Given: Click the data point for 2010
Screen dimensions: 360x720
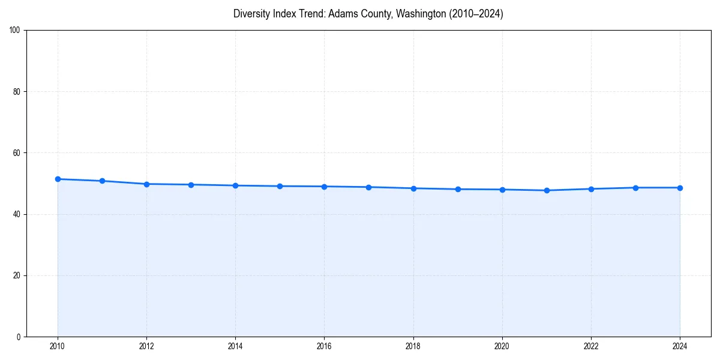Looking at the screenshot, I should tap(58, 179).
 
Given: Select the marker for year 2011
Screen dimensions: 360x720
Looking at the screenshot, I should tap(102, 181).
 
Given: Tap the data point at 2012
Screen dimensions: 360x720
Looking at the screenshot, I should tap(146, 184).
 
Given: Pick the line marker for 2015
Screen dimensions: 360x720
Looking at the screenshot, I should tap(280, 186).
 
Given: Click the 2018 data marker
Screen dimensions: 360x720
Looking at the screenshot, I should tap(413, 188).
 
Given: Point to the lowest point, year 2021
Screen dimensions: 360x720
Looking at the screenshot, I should tap(547, 190).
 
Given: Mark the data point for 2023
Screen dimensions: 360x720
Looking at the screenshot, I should tap(635, 188).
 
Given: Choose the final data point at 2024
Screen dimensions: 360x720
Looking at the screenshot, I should tap(680, 188).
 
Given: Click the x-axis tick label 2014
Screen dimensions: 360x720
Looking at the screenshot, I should tap(235, 346).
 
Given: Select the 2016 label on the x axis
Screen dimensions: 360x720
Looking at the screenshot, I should tap(324, 346).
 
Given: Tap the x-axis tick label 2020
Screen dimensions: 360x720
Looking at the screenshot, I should tap(502, 346).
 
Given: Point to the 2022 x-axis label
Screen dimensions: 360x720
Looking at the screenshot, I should tap(591, 346).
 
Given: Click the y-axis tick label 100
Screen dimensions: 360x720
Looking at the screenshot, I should tap(16, 30).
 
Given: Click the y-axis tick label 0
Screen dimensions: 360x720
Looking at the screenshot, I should tap(19, 337).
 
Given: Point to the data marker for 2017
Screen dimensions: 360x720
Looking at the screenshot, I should tap(368, 187).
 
